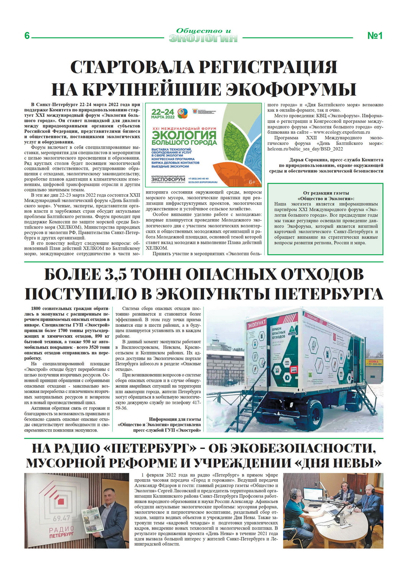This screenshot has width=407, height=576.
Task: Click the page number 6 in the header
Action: coord(27,36)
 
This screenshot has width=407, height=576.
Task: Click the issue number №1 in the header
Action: coord(375,36)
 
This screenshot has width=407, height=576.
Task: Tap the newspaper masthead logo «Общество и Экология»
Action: coord(203,35)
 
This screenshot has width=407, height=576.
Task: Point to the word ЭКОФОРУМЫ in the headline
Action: coord(290,89)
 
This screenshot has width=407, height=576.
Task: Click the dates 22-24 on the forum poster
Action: coord(163,112)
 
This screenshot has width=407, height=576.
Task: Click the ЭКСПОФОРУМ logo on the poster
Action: coord(168,179)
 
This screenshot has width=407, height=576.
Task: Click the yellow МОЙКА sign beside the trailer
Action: coord(373,362)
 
